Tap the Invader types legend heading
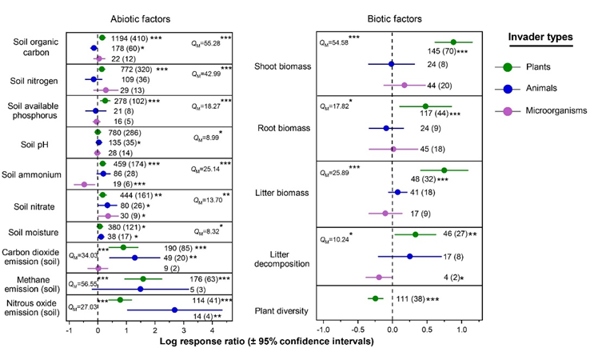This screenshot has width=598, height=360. [x=544, y=38]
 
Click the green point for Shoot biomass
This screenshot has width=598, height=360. [x=453, y=42]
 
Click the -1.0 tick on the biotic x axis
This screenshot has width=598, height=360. [x=323, y=329]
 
